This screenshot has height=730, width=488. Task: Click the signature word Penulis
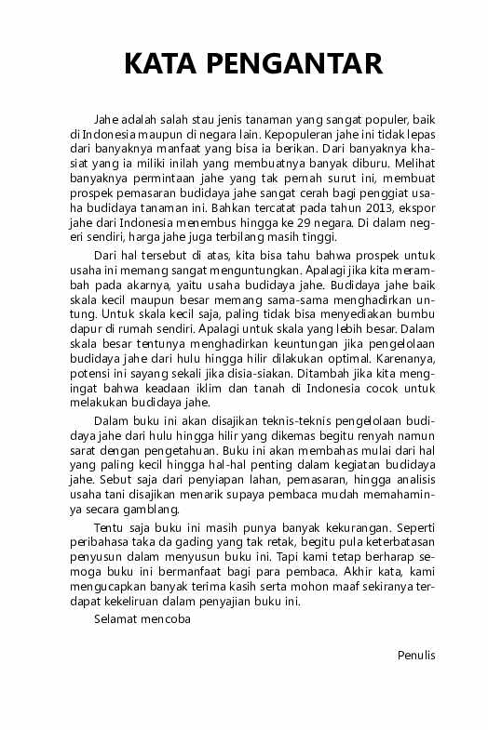[x=416, y=655]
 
